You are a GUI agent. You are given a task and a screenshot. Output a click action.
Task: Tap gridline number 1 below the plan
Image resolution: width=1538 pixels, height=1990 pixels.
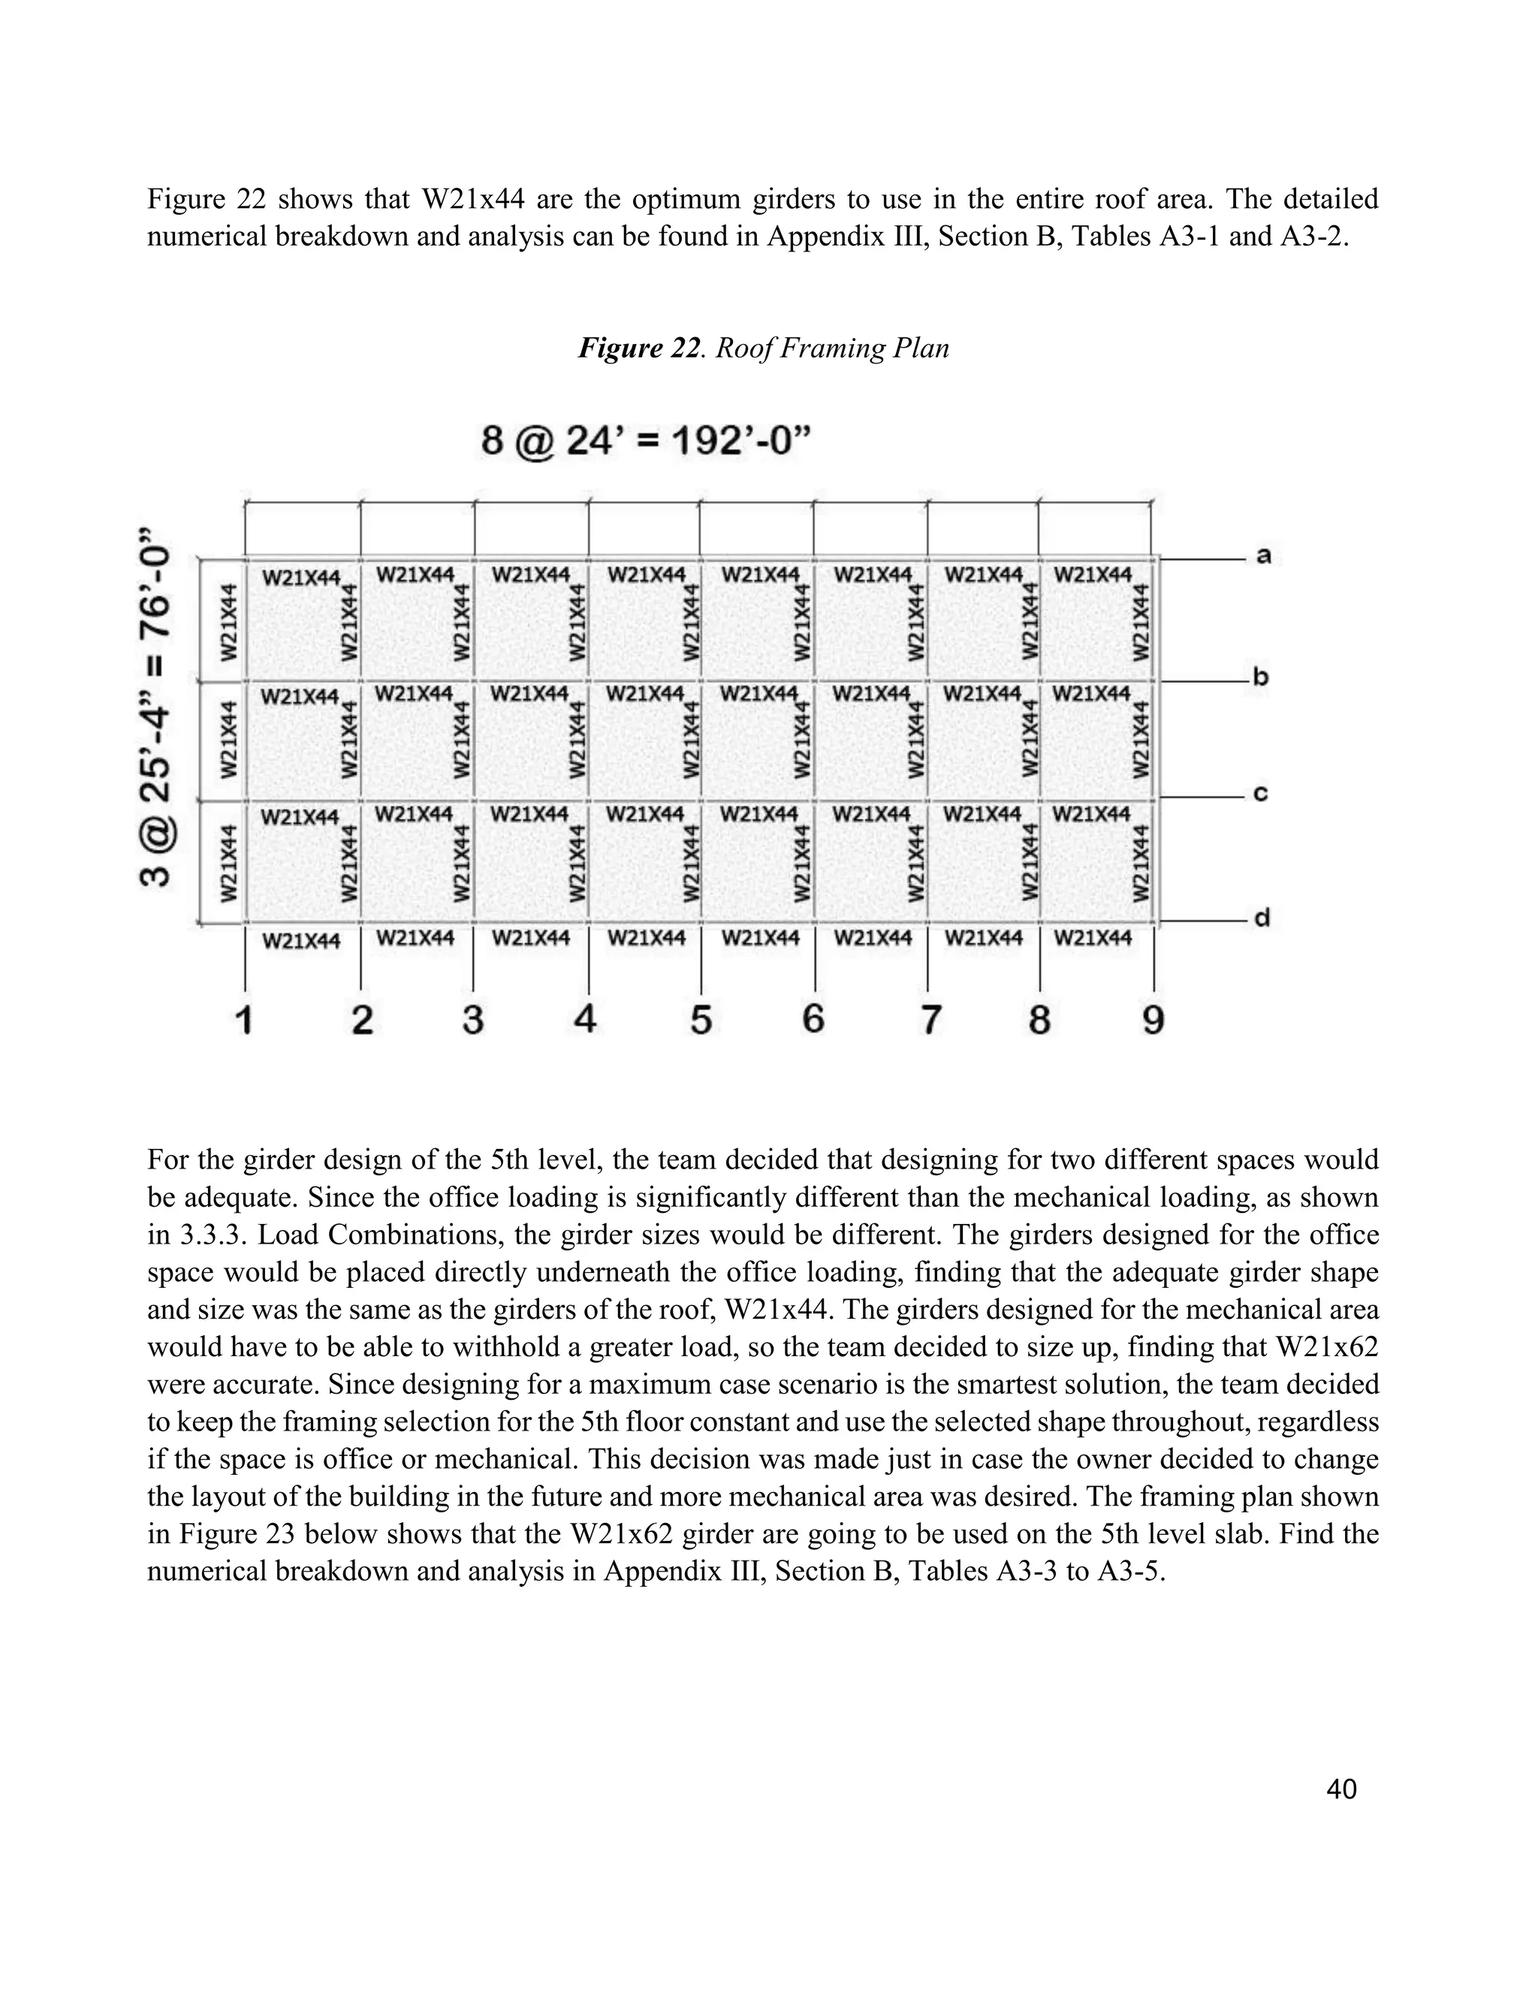(x=243, y=1020)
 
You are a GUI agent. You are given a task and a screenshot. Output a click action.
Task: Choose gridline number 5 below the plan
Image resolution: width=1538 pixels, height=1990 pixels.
(x=700, y=1020)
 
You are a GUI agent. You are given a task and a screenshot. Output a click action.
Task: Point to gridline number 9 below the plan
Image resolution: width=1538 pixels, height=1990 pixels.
(x=1153, y=1020)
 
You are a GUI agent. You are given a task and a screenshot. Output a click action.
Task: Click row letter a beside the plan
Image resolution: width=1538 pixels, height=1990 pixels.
(x=1264, y=555)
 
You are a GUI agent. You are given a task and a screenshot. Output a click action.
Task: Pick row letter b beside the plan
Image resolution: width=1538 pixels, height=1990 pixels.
(x=1262, y=677)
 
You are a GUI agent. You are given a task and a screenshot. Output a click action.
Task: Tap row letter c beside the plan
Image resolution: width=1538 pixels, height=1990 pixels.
(x=1261, y=794)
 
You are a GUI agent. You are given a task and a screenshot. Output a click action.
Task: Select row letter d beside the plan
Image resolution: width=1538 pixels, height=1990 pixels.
(x=1262, y=918)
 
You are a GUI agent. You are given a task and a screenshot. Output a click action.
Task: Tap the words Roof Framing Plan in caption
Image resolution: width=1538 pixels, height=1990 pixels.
(x=832, y=348)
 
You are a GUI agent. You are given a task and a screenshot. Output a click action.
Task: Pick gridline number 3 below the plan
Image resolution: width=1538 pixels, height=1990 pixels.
(x=472, y=1020)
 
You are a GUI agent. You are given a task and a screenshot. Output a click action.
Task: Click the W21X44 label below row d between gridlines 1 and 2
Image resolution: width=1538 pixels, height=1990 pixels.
(x=302, y=940)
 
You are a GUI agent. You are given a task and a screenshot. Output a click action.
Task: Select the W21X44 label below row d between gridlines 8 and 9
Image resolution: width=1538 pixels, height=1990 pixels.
(x=1093, y=938)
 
